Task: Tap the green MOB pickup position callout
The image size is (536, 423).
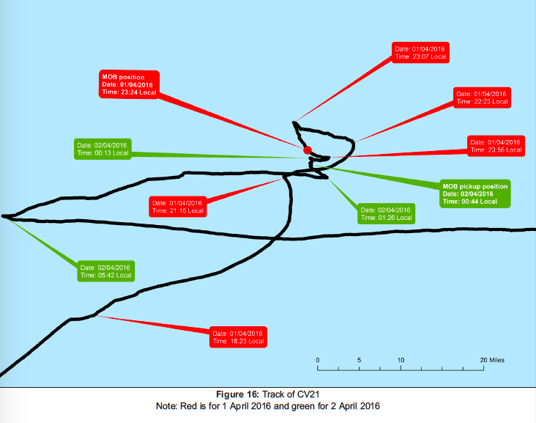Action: point(474,192)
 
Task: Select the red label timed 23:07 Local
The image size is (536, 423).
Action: point(420,52)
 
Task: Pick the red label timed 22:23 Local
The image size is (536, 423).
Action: point(481,98)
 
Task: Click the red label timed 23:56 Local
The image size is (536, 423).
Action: point(496,146)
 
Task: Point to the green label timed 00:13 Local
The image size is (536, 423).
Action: point(103,149)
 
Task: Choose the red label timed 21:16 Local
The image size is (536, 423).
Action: point(177,206)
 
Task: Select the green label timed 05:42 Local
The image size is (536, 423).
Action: point(106,271)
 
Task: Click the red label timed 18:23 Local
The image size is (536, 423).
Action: point(237,336)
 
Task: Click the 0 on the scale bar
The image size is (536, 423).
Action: point(318,360)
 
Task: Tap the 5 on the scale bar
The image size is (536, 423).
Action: point(360,360)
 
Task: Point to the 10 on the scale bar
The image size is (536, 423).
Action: point(401,360)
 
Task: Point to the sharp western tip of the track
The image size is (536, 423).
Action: point(4,216)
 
